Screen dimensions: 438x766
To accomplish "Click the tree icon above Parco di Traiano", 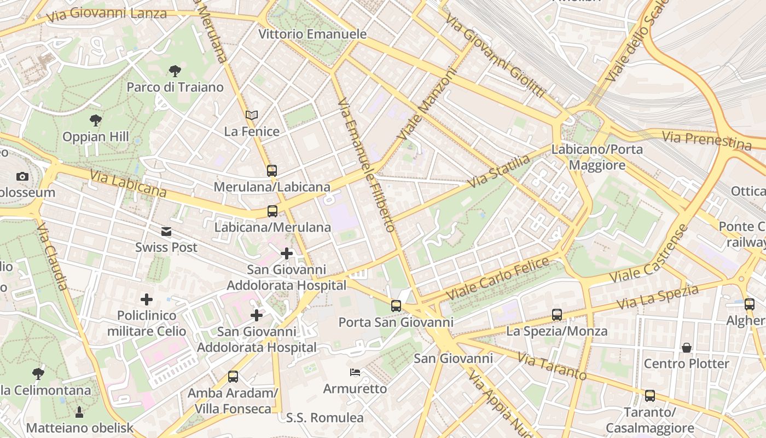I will [x=175, y=71].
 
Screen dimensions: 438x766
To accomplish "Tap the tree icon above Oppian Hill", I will [x=96, y=120].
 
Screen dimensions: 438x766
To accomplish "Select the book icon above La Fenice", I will [x=252, y=115].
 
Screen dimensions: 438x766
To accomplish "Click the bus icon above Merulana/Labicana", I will [x=272, y=170].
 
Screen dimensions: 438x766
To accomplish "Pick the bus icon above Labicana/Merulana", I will [x=272, y=211].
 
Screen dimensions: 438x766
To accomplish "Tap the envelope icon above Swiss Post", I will [x=166, y=231].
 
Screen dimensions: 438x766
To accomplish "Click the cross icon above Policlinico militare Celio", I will [x=147, y=299].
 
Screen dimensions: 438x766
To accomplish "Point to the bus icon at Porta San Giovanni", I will [x=396, y=306].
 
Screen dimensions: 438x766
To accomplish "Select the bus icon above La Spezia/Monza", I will [x=557, y=315].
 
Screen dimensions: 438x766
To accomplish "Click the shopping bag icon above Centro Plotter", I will [x=686, y=348].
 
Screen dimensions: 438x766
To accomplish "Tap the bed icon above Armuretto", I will [x=355, y=372].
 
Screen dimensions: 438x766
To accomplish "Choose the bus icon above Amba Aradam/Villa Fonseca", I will [x=233, y=377].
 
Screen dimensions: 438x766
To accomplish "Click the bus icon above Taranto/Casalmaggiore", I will [x=650, y=395].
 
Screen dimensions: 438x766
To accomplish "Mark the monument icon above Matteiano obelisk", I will [x=79, y=412].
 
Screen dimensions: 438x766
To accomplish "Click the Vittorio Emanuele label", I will [x=312, y=34].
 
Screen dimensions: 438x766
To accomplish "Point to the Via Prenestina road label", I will [x=706, y=140].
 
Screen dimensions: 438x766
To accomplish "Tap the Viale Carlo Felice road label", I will [x=498, y=279].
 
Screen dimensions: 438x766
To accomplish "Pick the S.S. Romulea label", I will [x=325, y=418].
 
